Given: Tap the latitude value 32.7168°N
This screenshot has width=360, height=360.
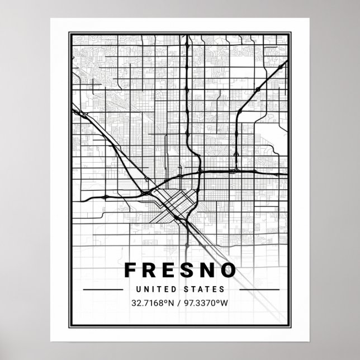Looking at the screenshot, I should pyautogui.click(x=152, y=304).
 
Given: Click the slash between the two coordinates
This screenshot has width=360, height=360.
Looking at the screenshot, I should pyautogui.click(x=180, y=304).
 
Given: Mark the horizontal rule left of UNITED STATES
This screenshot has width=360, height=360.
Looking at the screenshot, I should pyautogui.click(x=103, y=290).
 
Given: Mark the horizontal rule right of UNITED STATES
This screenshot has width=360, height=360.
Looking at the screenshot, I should pyautogui.click(x=258, y=290).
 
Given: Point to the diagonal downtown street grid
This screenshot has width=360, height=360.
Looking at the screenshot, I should pyautogui.click(x=173, y=205).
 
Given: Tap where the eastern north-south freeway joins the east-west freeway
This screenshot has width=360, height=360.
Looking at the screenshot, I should pyautogui.click(x=238, y=170).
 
